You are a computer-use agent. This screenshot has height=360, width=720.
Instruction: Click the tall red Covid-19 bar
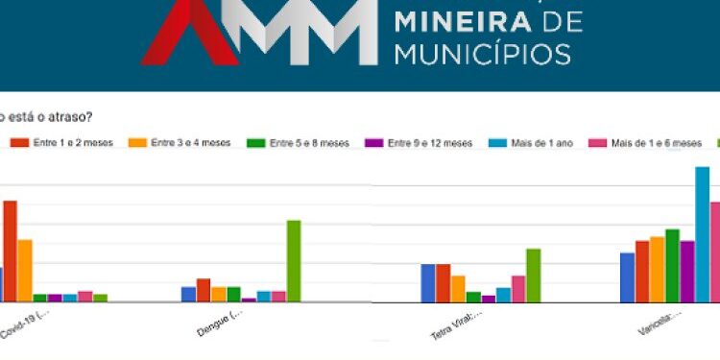tap(10, 251)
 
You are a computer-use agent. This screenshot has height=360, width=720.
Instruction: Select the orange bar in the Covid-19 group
tap(25, 270)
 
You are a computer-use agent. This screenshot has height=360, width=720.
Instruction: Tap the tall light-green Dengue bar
tap(294, 261)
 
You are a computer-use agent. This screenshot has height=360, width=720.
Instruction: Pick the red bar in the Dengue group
tap(204, 290)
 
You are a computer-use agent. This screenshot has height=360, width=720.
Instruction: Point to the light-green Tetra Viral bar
tap(533, 276)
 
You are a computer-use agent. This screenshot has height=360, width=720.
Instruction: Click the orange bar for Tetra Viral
tap(459, 289)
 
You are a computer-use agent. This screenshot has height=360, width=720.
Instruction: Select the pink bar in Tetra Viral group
tap(518, 289)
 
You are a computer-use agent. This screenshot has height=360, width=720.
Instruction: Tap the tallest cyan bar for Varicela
tap(702, 234)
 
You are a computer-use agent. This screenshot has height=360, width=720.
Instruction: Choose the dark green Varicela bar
tap(672, 266)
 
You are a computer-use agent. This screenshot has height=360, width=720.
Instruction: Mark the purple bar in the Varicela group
tap(687, 272)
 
